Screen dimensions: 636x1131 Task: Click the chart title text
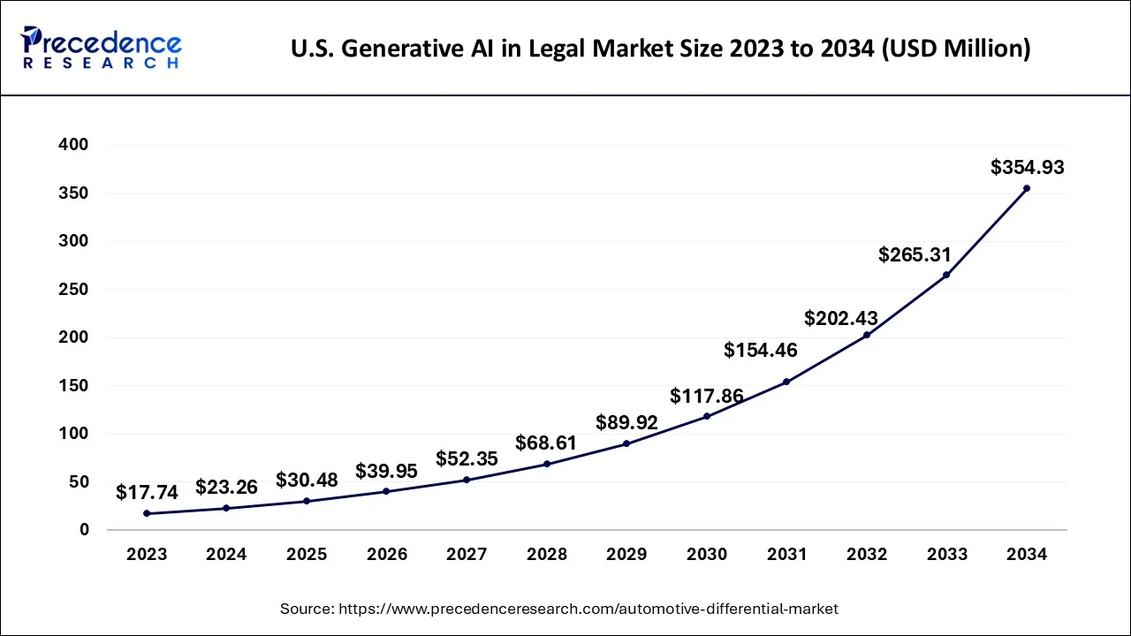click(x=660, y=49)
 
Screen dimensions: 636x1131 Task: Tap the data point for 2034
click(x=1026, y=188)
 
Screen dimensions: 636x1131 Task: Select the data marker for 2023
click(x=147, y=513)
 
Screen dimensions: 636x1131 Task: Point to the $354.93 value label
click(x=1027, y=167)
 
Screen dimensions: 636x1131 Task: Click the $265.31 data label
click(x=915, y=255)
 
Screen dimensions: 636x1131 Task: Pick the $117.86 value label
click(x=707, y=395)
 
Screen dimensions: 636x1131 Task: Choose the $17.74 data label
click(x=147, y=492)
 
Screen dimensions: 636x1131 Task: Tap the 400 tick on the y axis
click(x=72, y=145)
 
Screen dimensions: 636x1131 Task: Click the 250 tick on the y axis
click(x=72, y=290)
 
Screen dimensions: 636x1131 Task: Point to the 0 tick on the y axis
click(x=84, y=530)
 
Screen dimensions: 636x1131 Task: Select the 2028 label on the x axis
click(x=547, y=555)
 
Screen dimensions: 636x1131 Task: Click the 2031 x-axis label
click(x=786, y=555)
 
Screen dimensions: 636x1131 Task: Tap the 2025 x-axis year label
click(x=307, y=555)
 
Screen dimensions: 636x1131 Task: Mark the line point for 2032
click(x=867, y=335)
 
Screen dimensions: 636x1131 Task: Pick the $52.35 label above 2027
click(x=467, y=458)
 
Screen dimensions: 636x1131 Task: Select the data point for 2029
click(x=626, y=443)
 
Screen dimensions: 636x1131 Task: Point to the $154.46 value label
click(x=761, y=350)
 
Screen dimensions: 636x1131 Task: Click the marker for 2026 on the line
click(x=387, y=491)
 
